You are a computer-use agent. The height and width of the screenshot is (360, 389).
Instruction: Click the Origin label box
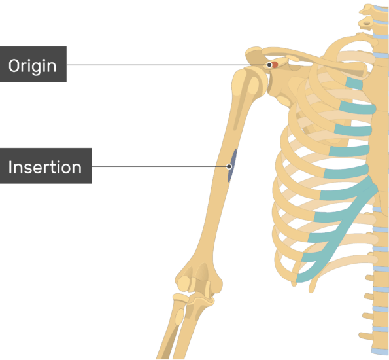[33, 64]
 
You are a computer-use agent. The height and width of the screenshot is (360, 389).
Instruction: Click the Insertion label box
[46, 166]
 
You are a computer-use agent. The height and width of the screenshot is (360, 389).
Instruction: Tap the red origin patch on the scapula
[275, 65]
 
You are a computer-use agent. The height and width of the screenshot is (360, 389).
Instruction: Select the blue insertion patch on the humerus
[231, 165]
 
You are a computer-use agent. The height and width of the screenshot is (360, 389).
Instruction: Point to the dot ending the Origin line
[269, 65]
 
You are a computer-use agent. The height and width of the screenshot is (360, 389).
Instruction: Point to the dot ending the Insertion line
[229, 166]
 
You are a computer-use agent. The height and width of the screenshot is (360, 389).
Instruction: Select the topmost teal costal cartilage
[354, 83]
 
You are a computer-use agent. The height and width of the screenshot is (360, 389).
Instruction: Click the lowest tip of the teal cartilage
[297, 280]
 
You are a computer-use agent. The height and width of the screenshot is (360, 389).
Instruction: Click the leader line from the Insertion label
[160, 166]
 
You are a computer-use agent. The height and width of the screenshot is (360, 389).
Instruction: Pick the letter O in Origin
[14, 66]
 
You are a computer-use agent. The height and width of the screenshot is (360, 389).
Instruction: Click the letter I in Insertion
[10, 167]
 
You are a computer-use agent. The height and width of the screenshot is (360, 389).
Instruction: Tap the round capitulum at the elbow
[184, 283]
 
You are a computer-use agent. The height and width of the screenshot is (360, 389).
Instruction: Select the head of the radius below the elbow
[180, 298]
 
